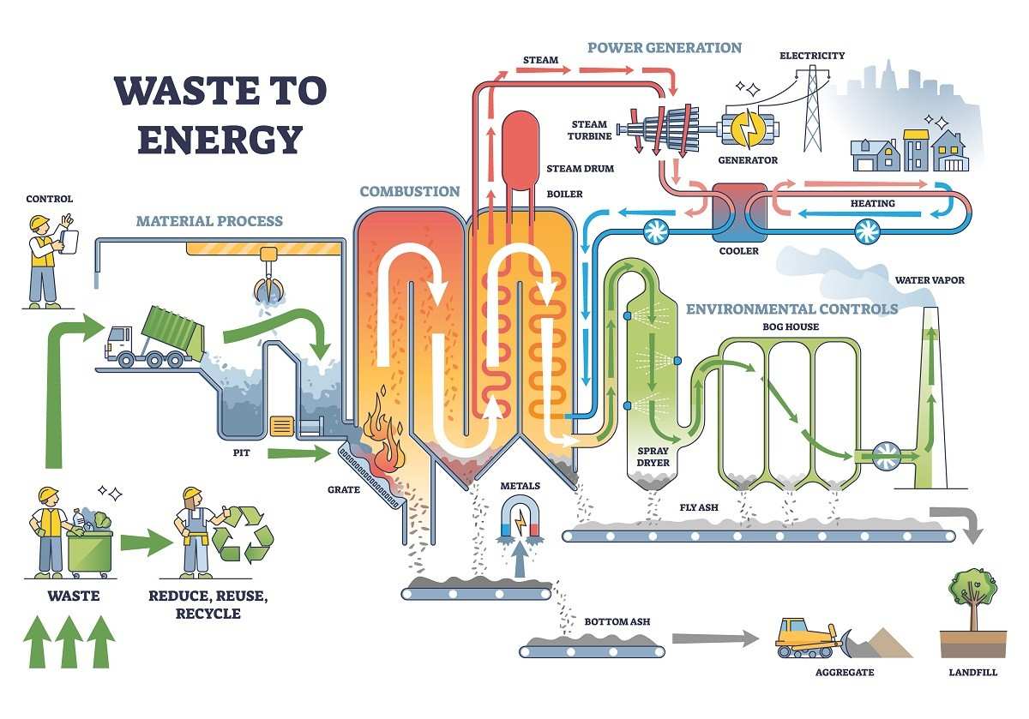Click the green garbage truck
point(154,335)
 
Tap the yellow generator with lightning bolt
point(748,129)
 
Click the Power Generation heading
point(664,47)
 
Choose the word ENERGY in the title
point(220,139)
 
